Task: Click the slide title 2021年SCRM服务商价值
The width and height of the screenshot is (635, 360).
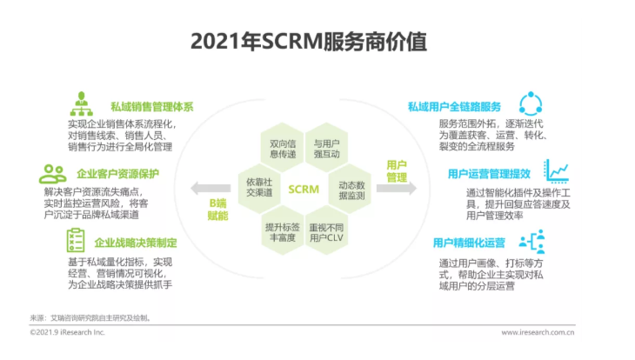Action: coord(309,42)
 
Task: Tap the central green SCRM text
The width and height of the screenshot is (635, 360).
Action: coord(304,189)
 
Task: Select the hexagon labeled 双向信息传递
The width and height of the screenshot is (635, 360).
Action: coord(282,148)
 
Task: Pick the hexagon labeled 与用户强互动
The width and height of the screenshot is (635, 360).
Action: coord(326,148)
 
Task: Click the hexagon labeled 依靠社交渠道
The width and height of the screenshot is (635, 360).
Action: coord(259,189)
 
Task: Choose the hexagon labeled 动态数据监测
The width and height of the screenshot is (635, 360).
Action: coord(350,189)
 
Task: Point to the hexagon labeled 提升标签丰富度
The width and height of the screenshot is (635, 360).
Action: coord(282,230)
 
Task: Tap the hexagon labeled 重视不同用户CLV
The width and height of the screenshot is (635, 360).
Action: coord(326,230)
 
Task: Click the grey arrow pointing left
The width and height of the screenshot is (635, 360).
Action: coord(211,189)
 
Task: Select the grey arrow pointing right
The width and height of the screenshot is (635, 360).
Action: coord(397,189)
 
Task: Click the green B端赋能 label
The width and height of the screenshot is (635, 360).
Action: coord(217,210)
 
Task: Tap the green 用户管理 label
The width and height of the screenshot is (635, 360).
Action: coord(397,171)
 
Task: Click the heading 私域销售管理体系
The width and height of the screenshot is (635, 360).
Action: coord(152,107)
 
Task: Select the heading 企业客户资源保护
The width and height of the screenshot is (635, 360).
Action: coord(117,174)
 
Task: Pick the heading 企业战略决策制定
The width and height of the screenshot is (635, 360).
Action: coord(136,243)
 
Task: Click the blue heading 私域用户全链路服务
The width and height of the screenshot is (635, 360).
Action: coord(454,107)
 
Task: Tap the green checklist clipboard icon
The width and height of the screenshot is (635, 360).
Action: coord(76,240)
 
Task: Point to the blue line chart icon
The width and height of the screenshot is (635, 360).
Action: coord(557,170)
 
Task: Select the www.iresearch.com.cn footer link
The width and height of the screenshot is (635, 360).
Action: coord(538,332)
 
